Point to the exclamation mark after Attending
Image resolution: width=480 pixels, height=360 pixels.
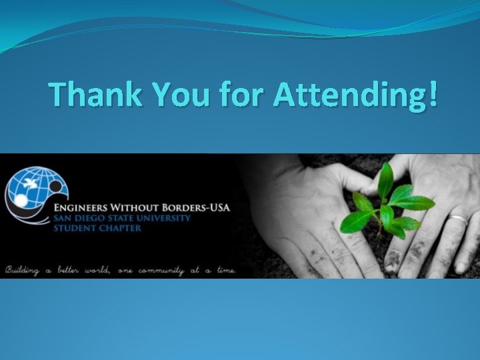pyautogui.click(x=434, y=95)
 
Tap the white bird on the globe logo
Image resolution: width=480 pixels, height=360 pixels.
pyautogui.click(x=30, y=181)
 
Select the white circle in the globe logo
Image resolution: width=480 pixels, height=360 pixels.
pyautogui.click(x=20, y=200)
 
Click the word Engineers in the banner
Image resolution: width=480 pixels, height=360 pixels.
pyautogui.click(x=84, y=207)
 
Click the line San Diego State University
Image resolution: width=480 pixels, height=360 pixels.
pyautogui.click(x=123, y=218)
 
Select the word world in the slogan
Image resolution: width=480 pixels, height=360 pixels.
pyautogui.click(x=101, y=270)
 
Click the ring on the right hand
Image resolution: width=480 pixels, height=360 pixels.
pyautogui.click(x=459, y=218)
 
